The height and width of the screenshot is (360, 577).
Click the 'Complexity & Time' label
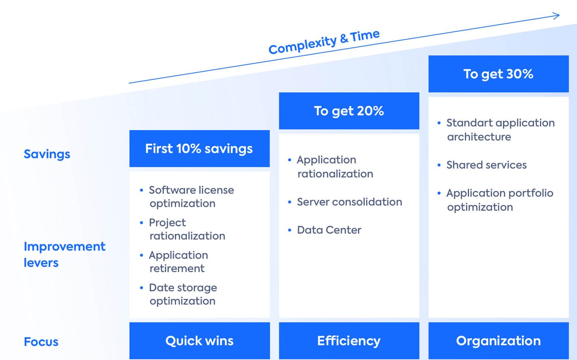click(x=324, y=42)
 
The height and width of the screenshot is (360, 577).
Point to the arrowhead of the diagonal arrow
click(x=557, y=16)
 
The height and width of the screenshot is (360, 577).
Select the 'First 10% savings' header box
click(x=199, y=149)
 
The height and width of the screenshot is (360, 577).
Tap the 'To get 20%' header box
click(x=349, y=111)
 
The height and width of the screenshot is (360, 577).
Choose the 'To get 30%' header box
click(x=498, y=74)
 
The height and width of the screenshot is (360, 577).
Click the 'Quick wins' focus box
click(x=199, y=341)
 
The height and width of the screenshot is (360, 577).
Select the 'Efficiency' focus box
click(x=349, y=341)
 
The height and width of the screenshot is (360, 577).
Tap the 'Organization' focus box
click(x=498, y=341)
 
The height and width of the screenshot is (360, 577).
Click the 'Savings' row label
click(x=47, y=154)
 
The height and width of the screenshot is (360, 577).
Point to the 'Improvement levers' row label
click(x=64, y=254)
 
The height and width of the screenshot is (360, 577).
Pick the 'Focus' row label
click(x=41, y=342)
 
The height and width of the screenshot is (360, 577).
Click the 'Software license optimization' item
click(x=191, y=196)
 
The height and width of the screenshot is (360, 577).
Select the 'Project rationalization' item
click(x=187, y=229)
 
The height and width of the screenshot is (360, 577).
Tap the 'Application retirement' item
click(x=178, y=262)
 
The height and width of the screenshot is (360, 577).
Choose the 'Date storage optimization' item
click(x=183, y=294)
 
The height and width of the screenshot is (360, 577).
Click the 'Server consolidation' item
click(x=349, y=202)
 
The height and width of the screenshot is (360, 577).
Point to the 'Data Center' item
click(x=329, y=230)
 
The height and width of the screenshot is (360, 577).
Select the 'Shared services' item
click(x=486, y=165)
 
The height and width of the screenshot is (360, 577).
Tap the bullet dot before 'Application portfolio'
click(x=439, y=193)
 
